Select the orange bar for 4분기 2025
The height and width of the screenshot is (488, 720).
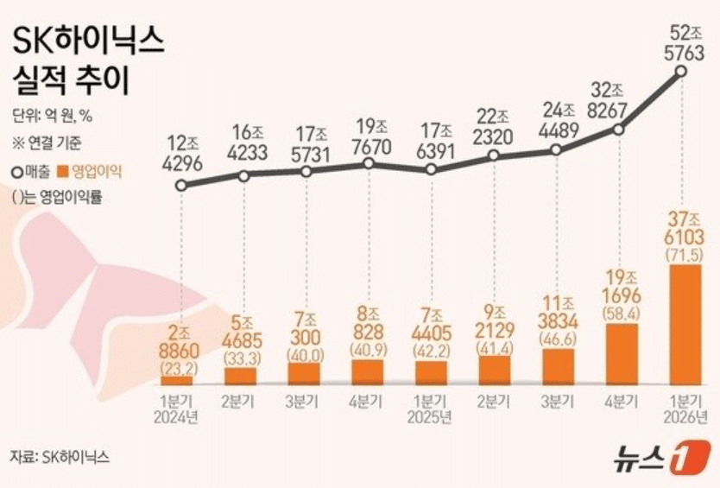point(620,354)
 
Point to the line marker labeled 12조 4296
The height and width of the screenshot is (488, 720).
point(180,185)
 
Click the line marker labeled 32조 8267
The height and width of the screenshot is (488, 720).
point(619,130)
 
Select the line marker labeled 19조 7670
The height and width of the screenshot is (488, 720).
point(369,162)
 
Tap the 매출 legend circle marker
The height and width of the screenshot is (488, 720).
point(17,172)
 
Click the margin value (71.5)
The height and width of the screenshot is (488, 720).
point(682,256)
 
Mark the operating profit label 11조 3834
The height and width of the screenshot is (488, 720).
point(557,314)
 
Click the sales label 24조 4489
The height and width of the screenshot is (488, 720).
point(557,123)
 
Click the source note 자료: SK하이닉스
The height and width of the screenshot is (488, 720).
point(60,457)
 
